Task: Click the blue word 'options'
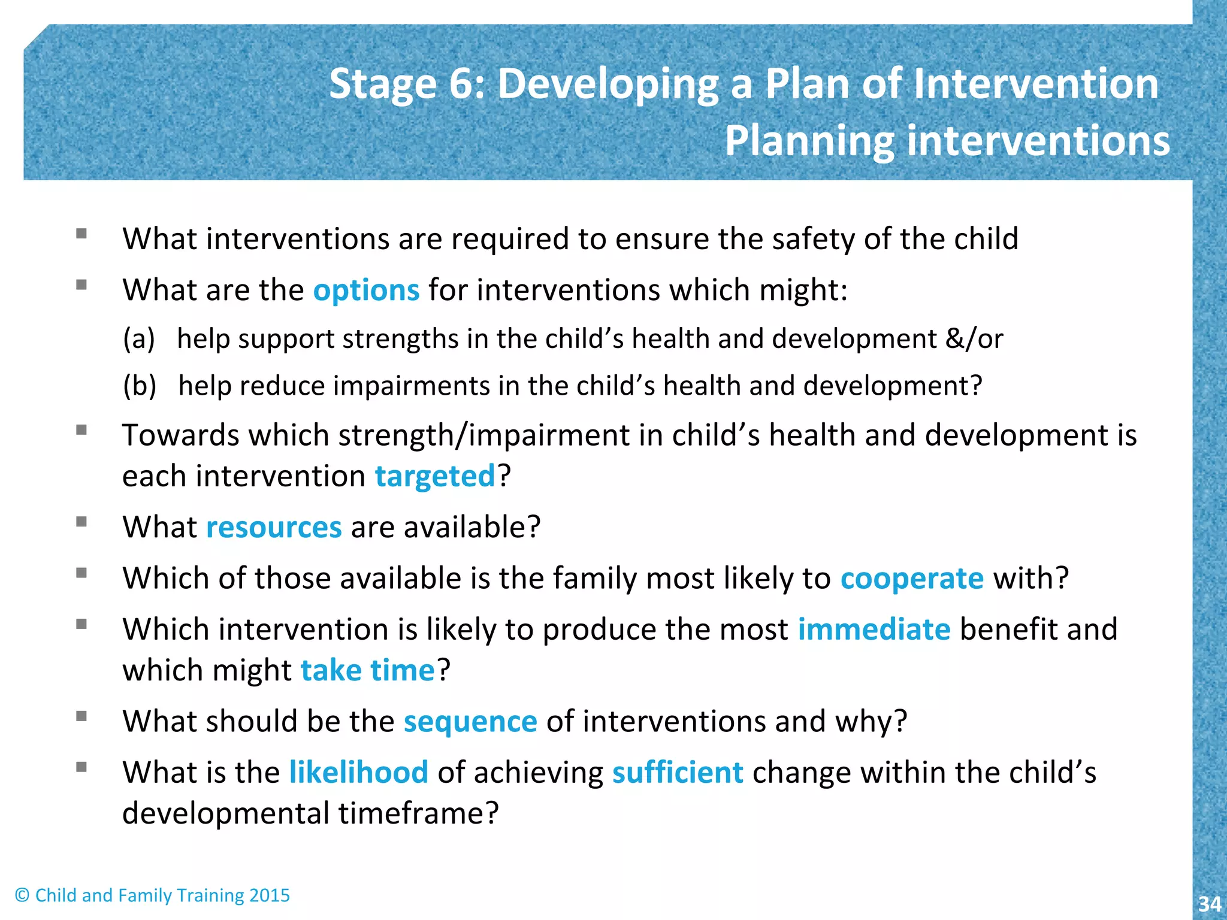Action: pyautogui.click(x=366, y=290)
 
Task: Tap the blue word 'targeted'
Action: pyautogui.click(x=435, y=477)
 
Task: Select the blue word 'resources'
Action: pyautogui.click(x=274, y=528)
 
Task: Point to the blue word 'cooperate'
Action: pyautogui.click(x=912, y=579)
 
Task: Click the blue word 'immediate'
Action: pyautogui.click(x=874, y=630)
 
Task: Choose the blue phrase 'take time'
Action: pyautogui.click(x=367, y=670)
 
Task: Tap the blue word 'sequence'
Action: pyautogui.click(x=470, y=721)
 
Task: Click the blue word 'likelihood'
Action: pyautogui.click(x=358, y=772)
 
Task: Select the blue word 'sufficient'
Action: pyautogui.click(x=678, y=772)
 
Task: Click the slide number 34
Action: pyautogui.click(x=1209, y=904)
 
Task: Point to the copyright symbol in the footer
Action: pyautogui.click(x=22, y=895)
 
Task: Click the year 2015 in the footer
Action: pyautogui.click(x=270, y=895)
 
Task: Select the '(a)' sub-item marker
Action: pyautogui.click(x=139, y=339)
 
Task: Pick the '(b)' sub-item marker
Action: pyautogui.click(x=140, y=386)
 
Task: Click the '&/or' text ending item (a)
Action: pyautogui.click(x=974, y=339)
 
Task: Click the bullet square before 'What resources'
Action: pyautogui.click(x=82, y=522)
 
